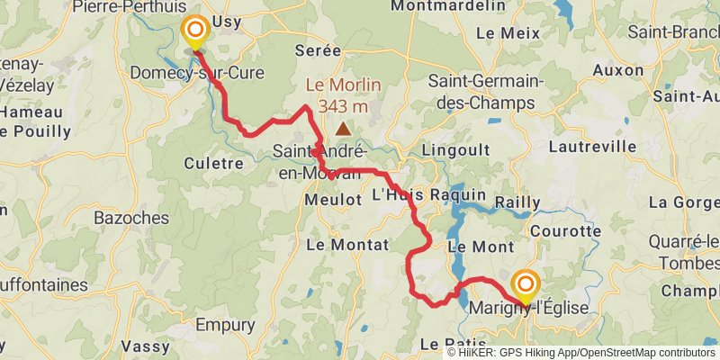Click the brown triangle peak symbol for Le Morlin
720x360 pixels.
(343, 129)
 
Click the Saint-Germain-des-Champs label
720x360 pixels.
(486, 91)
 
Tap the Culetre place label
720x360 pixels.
(213, 163)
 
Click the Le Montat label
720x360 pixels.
(347, 244)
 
